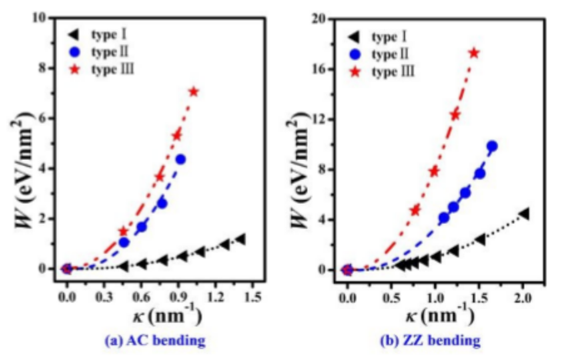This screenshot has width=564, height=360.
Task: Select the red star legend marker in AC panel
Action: point(75,72)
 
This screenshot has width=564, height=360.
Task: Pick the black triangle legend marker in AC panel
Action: point(75,35)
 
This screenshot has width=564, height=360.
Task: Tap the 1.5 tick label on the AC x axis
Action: point(255,296)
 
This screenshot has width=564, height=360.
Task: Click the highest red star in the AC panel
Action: point(193,92)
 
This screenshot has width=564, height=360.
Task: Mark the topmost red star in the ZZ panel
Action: point(473,53)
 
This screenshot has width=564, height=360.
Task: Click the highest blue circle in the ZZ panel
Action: point(492,146)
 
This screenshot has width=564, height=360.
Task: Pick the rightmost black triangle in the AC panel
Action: point(240,239)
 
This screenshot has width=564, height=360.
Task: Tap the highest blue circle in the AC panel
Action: point(181,159)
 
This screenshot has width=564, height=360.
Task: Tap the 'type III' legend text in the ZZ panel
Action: point(395,72)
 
